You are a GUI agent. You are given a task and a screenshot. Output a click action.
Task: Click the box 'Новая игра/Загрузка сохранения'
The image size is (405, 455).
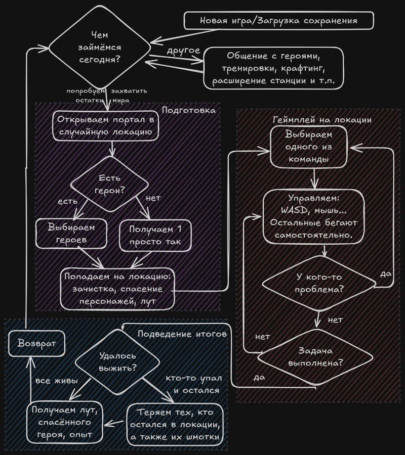pos(278,21)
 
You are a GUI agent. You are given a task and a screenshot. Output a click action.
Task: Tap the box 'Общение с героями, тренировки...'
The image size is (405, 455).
pos(273,68)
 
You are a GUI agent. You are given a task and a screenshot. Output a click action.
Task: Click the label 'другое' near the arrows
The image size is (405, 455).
pos(183,51)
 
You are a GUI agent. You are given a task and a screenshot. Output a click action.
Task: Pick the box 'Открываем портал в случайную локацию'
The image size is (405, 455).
pos(105,126)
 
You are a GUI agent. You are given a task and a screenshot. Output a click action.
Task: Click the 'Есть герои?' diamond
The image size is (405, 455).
pos(109,185)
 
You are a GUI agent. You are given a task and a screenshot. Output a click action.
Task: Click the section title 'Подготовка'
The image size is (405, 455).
pos(189,110)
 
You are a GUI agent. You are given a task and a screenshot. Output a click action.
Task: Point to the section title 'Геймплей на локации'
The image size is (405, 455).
pos(322,120)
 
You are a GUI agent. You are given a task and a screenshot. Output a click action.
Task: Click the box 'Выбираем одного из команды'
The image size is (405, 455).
pos(308,147)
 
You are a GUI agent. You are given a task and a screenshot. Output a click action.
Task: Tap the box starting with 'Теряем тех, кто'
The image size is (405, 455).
pos(175,424)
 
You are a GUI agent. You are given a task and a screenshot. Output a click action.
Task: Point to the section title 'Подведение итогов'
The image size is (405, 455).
pos(182,334)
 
